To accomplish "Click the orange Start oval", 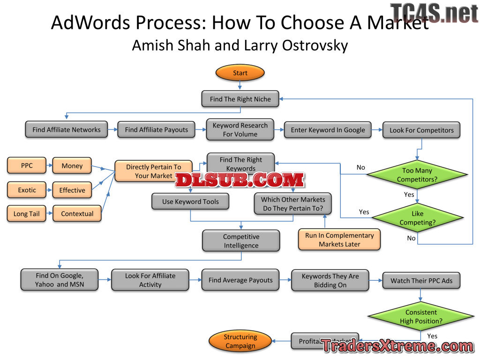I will (240, 73).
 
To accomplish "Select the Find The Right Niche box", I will (240, 99).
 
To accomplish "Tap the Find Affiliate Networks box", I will (66, 130).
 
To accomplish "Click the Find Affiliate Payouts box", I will (156, 130).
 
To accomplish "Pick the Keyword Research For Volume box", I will (240, 130).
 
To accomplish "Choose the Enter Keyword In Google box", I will (328, 130).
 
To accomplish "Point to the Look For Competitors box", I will (421, 130).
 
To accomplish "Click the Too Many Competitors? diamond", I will (417, 175).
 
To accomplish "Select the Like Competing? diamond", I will (417, 218).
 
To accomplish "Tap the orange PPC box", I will (27, 166).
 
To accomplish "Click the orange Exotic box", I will (27, 190).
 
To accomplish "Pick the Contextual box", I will (77, 214).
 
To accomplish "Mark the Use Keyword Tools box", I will (190, 202).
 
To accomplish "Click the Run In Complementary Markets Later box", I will (339, 240).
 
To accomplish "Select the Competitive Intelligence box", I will (241, 241).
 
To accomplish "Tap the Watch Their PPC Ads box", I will (421, 281).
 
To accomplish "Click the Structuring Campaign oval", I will (240, 341).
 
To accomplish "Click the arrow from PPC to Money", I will (49, 166).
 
